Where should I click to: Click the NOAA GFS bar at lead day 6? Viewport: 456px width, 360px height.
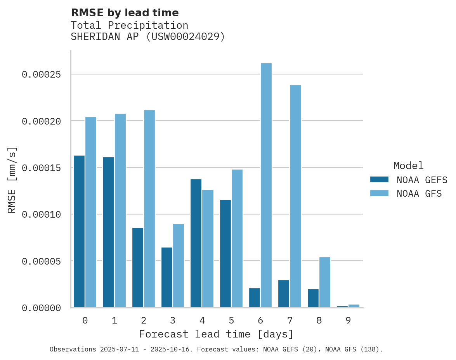(266, 185)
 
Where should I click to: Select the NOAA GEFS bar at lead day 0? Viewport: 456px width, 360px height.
(79, 231)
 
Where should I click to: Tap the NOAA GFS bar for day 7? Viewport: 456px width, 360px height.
(295, 196)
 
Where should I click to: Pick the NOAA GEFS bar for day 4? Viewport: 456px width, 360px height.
(196, 243)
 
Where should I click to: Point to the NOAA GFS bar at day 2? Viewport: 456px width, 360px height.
(149, 209)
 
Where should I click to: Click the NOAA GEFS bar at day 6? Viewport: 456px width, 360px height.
(255, 298)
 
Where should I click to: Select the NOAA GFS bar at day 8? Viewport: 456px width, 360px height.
(325, 282)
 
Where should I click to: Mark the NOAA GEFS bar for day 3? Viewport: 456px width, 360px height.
(167, 277)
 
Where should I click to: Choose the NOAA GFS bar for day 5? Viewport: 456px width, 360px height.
(237, 238)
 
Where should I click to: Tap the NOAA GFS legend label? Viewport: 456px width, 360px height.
(419, 194)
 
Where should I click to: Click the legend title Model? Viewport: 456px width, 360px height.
(408, 166)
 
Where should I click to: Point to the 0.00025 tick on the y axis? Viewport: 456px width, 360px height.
(41, 74)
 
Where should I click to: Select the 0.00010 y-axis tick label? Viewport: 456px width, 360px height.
(41, 214)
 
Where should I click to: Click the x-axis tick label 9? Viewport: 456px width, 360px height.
(348, 320)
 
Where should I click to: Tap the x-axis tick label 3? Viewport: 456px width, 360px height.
(173, 320)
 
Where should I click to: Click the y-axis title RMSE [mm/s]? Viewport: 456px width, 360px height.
(12, 180)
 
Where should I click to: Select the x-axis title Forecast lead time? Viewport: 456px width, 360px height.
(216, 334)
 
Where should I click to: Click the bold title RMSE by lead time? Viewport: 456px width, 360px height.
(125, 13)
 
